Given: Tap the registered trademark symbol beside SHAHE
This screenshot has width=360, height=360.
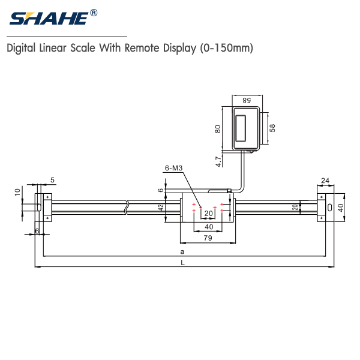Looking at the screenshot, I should click(x=94, y=13).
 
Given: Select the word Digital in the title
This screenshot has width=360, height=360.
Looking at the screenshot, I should click(x=22, y=49).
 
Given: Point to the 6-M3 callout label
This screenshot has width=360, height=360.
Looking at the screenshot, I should click(x=174, y=169).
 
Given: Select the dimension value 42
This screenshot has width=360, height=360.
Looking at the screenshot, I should click(x=161, y=207).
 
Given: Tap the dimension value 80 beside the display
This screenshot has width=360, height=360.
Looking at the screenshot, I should click(x=218, y=128).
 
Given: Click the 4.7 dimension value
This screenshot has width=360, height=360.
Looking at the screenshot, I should click(x=218, y=160).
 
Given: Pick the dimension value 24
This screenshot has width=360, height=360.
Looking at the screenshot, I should click(x=325, y=180).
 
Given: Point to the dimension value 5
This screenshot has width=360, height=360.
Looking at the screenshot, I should click(x=52, y=180).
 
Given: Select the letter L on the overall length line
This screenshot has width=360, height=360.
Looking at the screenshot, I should click(x=182, y=262).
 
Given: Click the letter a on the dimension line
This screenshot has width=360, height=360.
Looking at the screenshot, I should click(x=182, y=251).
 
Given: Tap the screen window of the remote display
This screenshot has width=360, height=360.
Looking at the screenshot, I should click(x=242, y=127).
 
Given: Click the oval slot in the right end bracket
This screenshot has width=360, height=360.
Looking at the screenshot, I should click(x=329, y=206).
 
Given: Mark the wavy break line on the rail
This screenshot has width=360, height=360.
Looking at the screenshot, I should click(x=127, y=207).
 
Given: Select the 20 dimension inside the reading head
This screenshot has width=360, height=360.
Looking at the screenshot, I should click(x=209, y=213).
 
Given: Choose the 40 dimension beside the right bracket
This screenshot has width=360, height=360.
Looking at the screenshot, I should click(x=341, y=207).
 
